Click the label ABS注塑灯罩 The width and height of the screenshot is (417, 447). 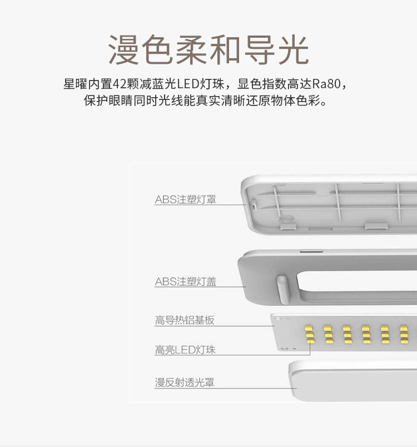185,199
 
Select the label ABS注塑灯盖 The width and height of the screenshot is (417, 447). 185,282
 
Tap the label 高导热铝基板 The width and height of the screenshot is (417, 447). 184,320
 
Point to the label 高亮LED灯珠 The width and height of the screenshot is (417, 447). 185,350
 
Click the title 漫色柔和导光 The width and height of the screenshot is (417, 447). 208,50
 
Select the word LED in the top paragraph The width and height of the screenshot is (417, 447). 189,84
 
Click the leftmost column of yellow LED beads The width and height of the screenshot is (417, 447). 309,335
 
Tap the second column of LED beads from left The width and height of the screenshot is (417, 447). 328,335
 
